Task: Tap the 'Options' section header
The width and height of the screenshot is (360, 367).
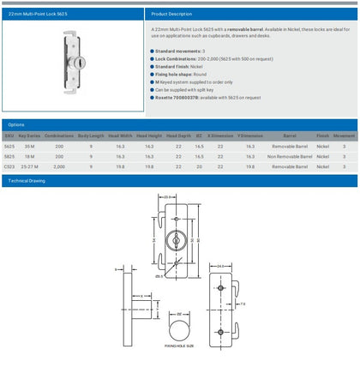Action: [16, 124]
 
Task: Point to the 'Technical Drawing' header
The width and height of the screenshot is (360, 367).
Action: [27, 182]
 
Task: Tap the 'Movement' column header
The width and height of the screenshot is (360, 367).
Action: [344, 136]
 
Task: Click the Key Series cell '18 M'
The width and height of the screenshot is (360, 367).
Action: [29, 157]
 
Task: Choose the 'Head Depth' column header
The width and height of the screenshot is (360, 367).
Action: [179, 136]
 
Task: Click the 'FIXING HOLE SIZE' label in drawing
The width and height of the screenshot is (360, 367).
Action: [179, 345]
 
